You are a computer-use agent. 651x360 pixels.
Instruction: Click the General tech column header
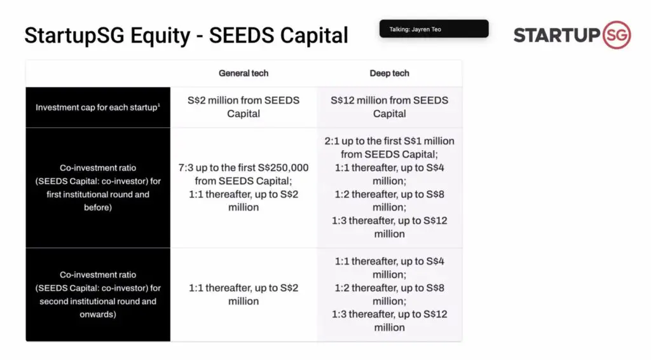(x=243, y=74)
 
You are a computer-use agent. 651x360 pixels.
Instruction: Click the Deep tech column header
(x=390, y=74)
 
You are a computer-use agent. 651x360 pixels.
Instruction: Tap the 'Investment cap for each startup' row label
(x=97, y=107)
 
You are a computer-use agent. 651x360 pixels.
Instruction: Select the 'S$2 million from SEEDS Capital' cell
(x=243, y=107)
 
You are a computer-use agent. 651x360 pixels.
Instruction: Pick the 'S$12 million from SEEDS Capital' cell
(x=390, y=107)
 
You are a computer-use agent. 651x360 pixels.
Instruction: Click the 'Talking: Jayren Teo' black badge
(x=434, y=29)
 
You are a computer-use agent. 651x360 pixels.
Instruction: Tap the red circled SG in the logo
(x=617, y=35)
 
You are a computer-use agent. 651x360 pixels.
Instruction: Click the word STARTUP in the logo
(x=557, y=35)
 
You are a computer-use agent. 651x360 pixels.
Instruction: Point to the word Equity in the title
(x=160, y=36)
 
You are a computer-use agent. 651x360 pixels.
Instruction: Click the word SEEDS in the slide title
(x=241, y=35)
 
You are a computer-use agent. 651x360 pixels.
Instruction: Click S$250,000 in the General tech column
(x=283, y=168)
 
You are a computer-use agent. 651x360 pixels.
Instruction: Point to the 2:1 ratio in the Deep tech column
(x=332, y=141)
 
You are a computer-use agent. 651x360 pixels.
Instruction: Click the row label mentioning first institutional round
(x=97, y=188)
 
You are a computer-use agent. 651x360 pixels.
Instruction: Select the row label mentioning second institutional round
(x=97, y=294)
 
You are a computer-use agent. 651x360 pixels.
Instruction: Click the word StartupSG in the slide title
(x=74, y=36)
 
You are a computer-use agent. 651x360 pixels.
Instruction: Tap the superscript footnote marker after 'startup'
(x=158, y=105)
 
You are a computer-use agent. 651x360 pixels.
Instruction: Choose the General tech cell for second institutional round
(x=243, y=294)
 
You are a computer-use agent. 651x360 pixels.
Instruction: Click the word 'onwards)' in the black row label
(x=97, y=314)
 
